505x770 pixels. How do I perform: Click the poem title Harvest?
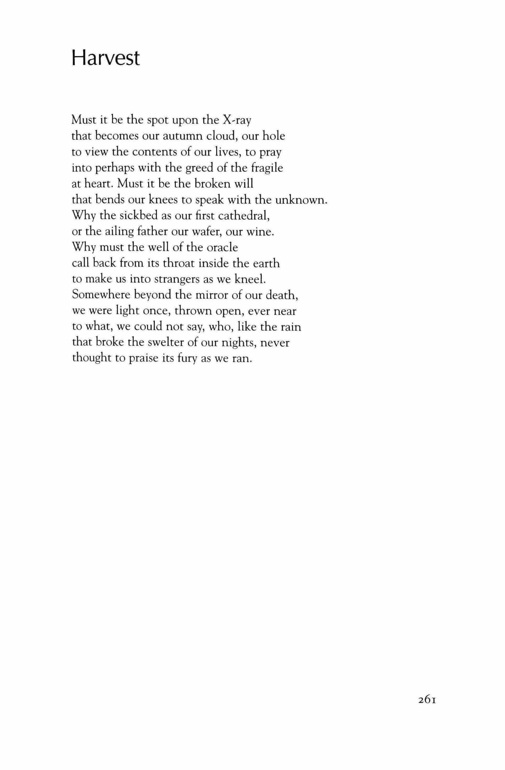click(x=105, y=59)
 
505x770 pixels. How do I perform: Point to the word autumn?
click(x=183, y=136)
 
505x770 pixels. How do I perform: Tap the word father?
click(x=153, y=232)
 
